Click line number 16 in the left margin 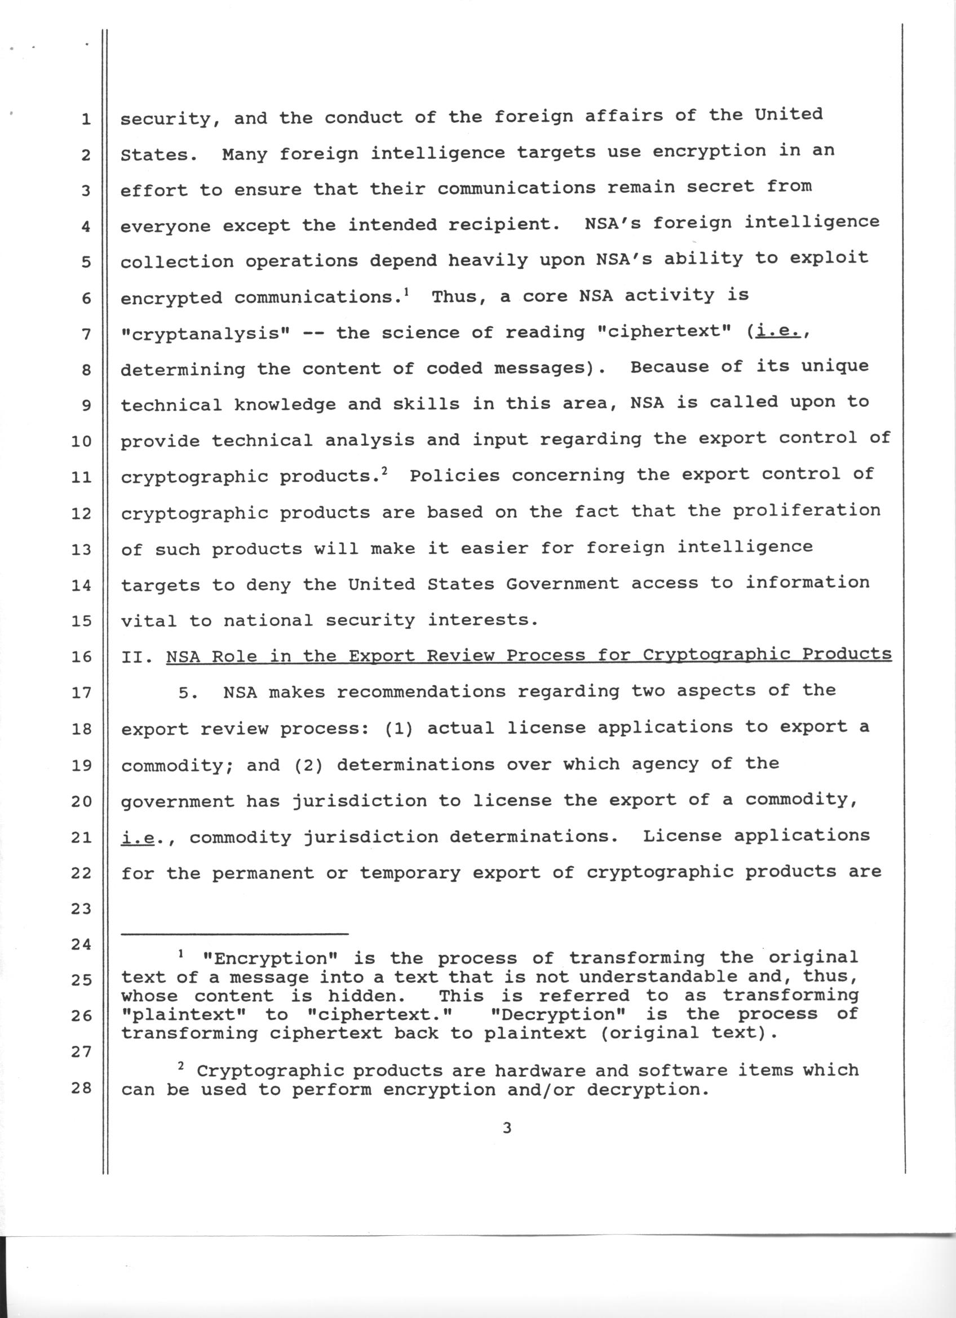click(82, 657)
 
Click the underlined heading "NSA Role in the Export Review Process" click(529, 655)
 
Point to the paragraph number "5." click(189, 693)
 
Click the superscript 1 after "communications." click(406, 292)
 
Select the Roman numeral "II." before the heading click(138, 657)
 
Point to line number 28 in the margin click(82, 1088)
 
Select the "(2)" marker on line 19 click(308, 765)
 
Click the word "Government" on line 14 click(562, 583)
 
